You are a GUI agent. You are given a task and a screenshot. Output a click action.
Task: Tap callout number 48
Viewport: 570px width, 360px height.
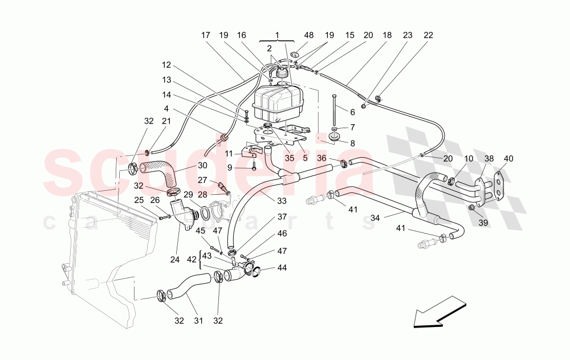tap(308, 35)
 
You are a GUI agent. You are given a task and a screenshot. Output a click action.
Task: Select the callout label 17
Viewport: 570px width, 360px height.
tap(206, 35)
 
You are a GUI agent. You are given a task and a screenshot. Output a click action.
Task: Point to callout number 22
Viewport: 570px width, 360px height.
tap(428, 35)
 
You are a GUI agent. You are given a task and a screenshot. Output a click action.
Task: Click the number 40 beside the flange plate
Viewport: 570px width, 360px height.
tap(508, 158)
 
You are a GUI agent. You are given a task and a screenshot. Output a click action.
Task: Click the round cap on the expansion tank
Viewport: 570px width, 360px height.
tap(280, 72)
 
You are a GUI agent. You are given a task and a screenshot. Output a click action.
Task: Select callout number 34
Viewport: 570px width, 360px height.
tap(375, 217)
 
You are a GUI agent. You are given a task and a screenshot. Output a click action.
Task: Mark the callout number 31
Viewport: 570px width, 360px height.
tap(198, 321)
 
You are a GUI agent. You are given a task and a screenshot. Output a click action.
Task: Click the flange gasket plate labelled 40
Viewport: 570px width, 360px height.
tap(500, 186)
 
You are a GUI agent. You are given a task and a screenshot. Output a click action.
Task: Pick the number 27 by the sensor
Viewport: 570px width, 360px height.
tap(202, 180)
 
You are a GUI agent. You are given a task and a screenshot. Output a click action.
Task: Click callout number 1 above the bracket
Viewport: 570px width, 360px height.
tap(278, 35)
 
